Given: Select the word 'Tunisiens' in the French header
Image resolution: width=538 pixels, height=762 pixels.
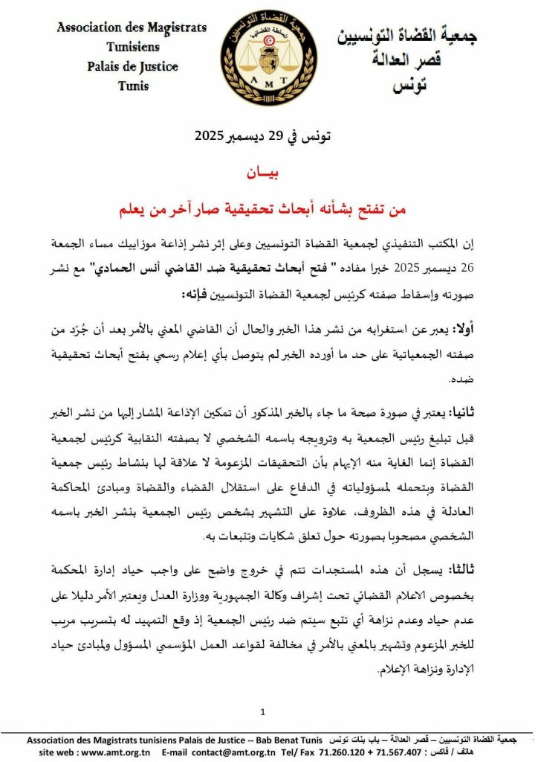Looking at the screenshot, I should [x=132, y=47].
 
